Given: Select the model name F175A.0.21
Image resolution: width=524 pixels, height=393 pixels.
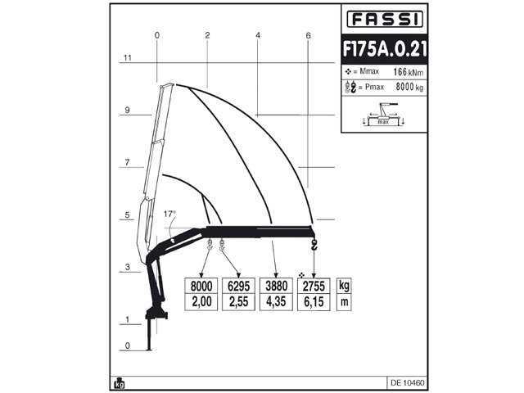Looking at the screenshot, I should click(x=383, y=48).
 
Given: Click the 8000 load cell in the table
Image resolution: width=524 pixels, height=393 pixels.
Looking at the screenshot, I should click(x=201, y=286).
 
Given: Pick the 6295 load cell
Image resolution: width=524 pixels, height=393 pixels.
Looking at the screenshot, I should click(x=238, y=286).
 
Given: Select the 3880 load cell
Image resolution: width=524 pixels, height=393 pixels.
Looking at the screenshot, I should click(x=276, y=286).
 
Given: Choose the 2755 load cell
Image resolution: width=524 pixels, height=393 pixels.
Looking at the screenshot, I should click(x=314, y=286).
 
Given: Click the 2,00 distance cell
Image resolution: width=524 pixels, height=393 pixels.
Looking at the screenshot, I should click(x=201, y=302).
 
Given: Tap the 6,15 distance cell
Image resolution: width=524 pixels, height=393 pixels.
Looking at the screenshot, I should click(x=314, y=302).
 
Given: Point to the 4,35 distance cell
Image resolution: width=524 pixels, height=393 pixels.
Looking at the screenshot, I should click(x=276, y=302).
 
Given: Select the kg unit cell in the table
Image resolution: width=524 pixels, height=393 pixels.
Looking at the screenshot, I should click(x=345, y=286).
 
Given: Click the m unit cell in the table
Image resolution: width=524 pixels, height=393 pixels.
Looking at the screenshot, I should click(x=345, y=302).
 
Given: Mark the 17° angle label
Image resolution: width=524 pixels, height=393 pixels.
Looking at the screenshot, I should click(x=169, y=214).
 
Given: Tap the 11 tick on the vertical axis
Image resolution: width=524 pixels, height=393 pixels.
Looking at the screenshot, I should click(x=127, y=58).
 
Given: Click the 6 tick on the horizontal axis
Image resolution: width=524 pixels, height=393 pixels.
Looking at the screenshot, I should click(x=308, y=35).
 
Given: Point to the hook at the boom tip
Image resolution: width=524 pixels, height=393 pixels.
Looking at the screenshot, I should click(x=314, y=245).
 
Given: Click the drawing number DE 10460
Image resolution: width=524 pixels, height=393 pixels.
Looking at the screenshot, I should click(x=406, y=382).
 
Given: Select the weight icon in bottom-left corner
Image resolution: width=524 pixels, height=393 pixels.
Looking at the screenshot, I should click(x=120, y=382).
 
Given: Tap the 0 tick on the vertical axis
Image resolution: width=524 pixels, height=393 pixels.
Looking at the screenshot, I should click(x=127, y=346).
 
